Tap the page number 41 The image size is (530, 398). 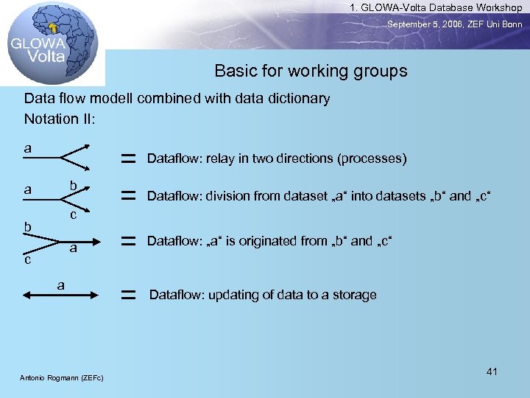coord(492,371)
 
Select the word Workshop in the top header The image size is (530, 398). coord(496,7)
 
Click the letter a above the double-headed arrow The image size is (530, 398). coord(61,284)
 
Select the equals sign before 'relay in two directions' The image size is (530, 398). coord(129,158)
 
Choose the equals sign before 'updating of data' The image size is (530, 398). coord(129,295)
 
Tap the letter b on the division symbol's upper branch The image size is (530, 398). coord(74,185)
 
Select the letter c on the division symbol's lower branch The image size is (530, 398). coord(74,214)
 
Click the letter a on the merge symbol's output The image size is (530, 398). coord(74,249)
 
